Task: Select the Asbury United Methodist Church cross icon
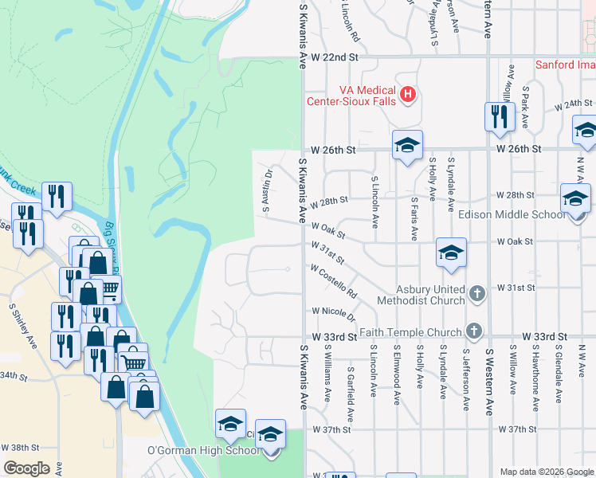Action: [x=476, y=293]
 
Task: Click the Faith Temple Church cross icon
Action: [x=474, y=330]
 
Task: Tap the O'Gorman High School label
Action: [x=204, y=451]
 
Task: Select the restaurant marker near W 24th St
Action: [x=500, y=116]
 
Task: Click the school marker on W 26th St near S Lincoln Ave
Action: [x=406, y=146]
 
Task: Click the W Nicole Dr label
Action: [x=333, y=311]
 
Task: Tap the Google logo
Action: [x=26, y=468]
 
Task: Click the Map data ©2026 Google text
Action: [x=547, y=472]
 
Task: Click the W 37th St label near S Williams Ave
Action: [x=331, y=430]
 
